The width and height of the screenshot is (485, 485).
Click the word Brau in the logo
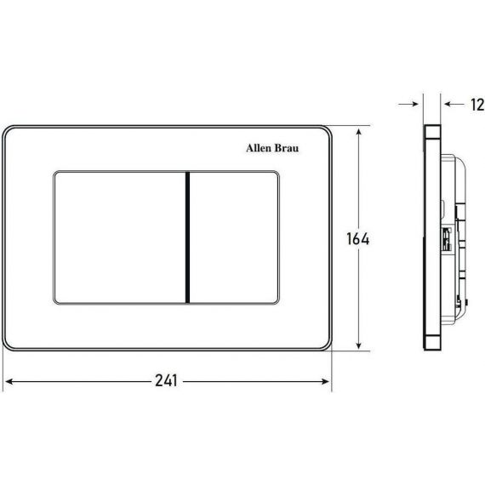coord(287,148)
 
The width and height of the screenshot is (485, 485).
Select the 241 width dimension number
coord(167,380)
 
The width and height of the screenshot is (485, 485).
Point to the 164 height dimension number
coord(358,239)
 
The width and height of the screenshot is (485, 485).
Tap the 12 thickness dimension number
coord(477,105)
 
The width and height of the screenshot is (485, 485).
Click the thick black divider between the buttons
coord(187,237)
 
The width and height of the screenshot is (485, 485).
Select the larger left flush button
coord(119,237)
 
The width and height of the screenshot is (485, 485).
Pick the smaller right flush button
coord(234,237)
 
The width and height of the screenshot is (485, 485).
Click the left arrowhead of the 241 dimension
coord(9,382)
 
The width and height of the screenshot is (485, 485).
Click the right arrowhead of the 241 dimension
coord(325,382)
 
